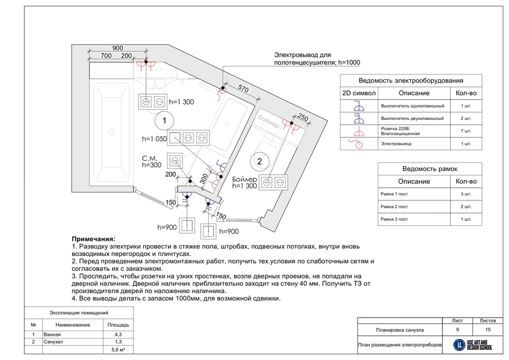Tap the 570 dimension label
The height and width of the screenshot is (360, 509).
(x=243, y=88)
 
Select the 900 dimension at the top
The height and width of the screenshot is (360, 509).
(x=118, y=48)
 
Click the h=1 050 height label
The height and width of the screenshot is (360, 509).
(x=154, y=138)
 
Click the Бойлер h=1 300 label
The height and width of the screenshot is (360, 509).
(x=245, y=182)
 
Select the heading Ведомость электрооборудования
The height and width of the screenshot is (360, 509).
(x=411, y=81)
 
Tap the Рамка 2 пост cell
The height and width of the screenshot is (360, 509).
(x=394, y=206)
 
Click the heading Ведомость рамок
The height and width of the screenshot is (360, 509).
(x=429, y=169)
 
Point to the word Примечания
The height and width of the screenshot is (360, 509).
(x=93, y=239)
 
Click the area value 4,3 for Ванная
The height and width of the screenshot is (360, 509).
(x=118, y=335)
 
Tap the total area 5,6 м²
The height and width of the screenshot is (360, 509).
(x=118, y=350)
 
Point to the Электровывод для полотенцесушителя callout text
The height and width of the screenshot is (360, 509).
(x=317, y=58)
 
